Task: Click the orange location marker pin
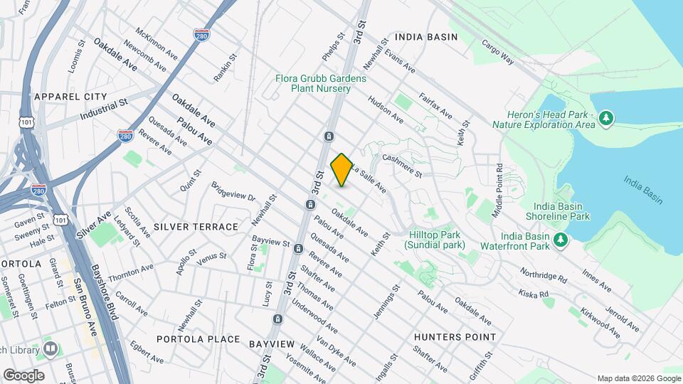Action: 341,169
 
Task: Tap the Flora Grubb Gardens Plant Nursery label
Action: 321,83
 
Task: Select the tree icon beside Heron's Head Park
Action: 606,117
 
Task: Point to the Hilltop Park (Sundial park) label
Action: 435,240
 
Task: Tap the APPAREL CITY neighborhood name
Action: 70,97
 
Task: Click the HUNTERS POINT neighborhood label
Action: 455,336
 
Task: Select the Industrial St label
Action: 103,109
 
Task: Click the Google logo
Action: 23,375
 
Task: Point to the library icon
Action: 51,348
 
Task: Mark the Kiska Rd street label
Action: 534,292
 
